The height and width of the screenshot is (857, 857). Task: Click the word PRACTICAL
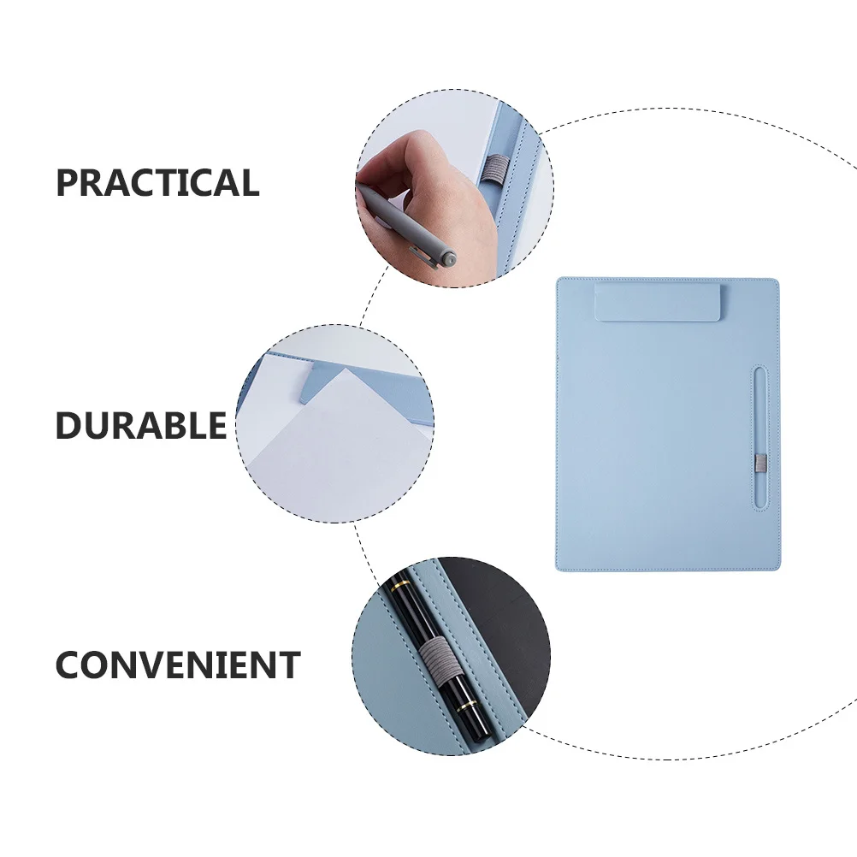(157, 183)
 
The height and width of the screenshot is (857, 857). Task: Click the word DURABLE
(141, 425)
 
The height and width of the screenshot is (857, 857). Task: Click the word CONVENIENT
(178, 665)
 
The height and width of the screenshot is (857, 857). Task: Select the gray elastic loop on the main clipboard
(759, 464)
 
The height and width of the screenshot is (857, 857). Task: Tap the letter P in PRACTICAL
(68, 183)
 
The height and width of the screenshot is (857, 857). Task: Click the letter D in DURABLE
(68, 425)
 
